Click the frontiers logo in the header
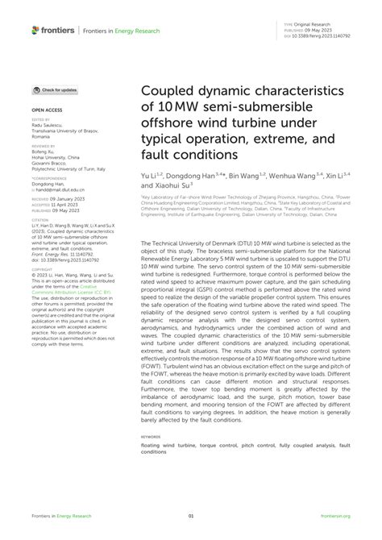click(x=52, y=31)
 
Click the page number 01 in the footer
click(x=191, y=517)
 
